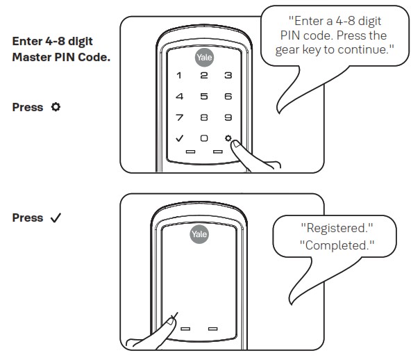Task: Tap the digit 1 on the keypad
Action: point(179,75)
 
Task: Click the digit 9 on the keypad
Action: point(227,117)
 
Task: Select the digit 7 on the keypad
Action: point(179,117)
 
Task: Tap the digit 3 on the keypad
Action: point(227,75)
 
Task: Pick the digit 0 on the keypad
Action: point(203,138)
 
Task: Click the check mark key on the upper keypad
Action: point(179,138)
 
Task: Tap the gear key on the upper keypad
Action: point(228,138)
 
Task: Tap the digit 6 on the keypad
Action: point(227,96)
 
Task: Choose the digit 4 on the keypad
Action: point(179,96)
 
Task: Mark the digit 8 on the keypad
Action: point(203,117)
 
